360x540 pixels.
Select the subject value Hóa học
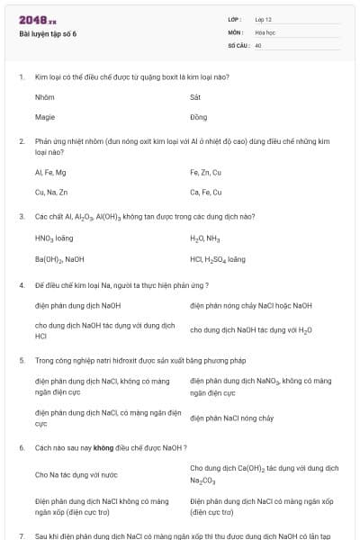[265, 31]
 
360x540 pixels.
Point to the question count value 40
[258, 45]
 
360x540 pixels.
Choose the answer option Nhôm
[44, 96]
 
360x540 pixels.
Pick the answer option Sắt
[195, 96]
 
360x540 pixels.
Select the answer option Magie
[45, 117]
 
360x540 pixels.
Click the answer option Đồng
[198, 117]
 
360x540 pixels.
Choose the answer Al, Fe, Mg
[50, 171]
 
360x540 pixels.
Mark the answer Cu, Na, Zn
[52, 192]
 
